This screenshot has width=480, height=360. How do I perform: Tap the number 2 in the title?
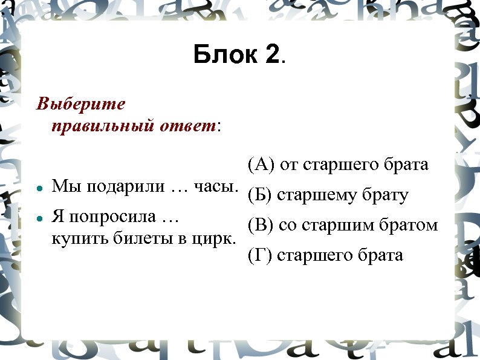[273, 56]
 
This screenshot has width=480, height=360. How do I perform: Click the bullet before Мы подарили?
[39, 189]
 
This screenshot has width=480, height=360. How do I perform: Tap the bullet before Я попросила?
[39, 217]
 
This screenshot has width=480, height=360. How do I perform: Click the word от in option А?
[290, 165]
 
